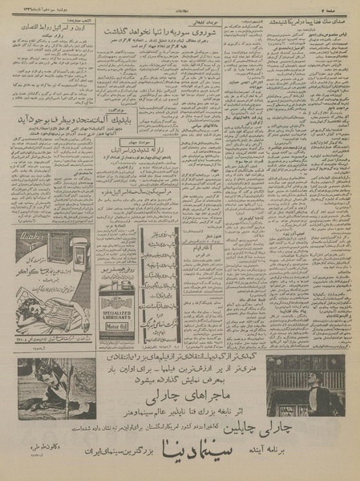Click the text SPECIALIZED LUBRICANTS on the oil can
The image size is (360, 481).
pyautogui.click(x=112, y=308)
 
